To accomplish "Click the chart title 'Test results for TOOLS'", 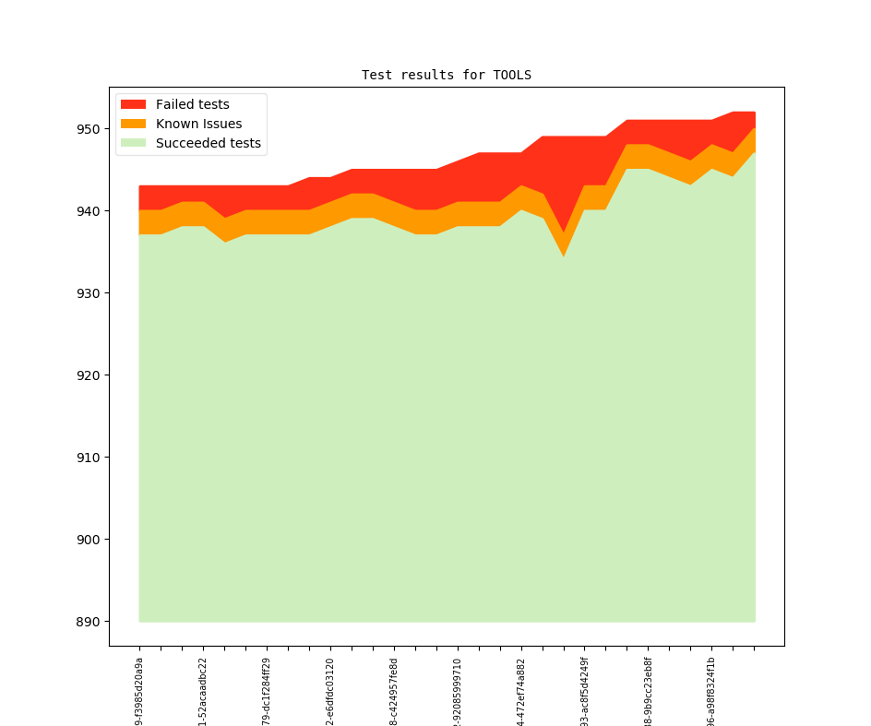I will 446,75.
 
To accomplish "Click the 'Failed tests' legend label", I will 192,104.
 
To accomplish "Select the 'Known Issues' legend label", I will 198,124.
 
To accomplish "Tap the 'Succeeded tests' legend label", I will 208,143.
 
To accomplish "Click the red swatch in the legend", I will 134,104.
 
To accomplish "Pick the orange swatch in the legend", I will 134,124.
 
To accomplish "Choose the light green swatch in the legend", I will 134,143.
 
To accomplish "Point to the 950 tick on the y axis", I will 89,129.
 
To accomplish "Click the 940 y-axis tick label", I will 89,211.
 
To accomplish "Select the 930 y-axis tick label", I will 89,293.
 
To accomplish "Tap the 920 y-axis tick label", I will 89,375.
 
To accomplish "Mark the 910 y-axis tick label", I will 89,458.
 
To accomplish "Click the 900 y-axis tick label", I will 89,540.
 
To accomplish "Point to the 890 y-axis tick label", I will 89,622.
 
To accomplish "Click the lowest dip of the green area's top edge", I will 564,256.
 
